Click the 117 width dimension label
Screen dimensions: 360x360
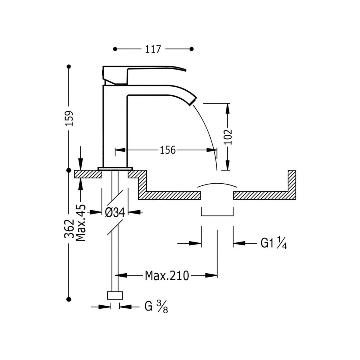click(x=154, y=49)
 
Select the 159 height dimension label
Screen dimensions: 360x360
click(x=69, y=118)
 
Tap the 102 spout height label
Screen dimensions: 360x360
click(x=228, y=137)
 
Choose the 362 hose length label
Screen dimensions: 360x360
click(x=69, y=229)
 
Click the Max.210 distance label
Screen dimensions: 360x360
click(x=167, y=275)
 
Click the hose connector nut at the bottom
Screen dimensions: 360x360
click(x=115, y=295)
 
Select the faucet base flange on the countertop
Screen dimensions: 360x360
click(x=115, y=168)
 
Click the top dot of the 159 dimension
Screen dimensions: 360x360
click(x=69, y=67)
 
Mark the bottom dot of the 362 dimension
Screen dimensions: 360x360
click(x=69, y=299)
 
